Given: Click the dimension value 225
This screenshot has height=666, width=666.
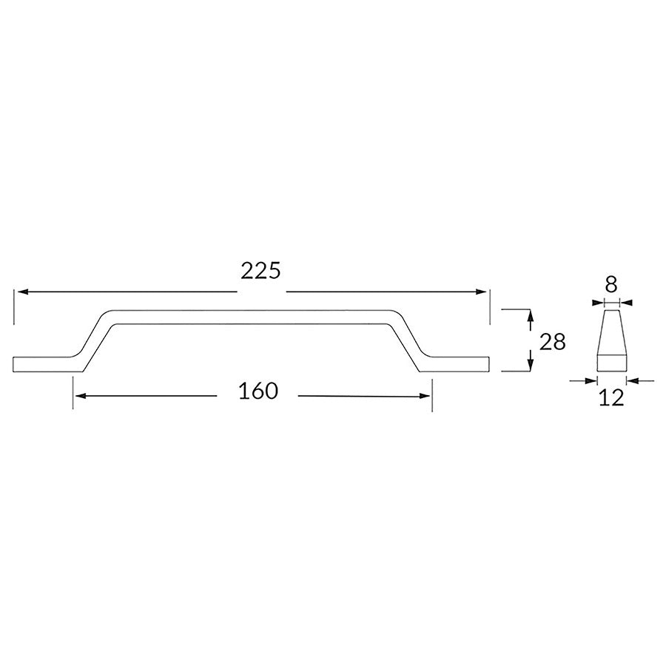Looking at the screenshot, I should point(261,272).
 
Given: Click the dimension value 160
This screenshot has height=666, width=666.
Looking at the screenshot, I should point(258,391).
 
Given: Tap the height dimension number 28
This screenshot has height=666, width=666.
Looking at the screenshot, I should point(553,341).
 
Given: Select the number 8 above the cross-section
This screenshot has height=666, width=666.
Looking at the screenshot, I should point(611,283).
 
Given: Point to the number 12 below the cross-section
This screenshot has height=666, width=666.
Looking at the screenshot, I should point(612,397).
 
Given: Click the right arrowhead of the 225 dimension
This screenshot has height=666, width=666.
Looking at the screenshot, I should point(483,292).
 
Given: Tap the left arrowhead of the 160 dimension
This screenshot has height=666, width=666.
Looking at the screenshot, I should point(79,396).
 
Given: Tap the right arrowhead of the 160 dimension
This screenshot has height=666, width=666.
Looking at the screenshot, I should point(426,396).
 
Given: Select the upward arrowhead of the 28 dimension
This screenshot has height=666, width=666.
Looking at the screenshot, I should point(531,315).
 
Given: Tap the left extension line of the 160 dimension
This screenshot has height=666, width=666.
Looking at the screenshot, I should point(73,392).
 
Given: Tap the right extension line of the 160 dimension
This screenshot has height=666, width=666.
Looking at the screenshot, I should point(432,392).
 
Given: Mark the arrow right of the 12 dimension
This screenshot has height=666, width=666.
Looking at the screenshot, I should point(631,380).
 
